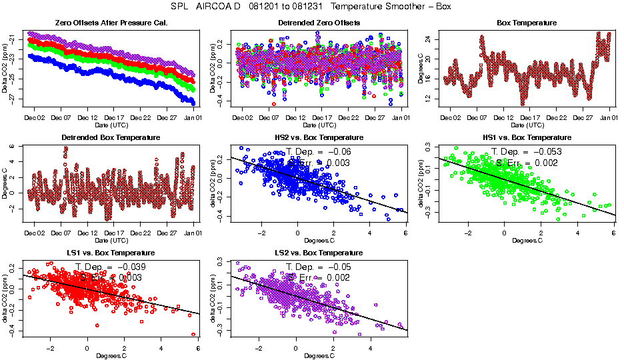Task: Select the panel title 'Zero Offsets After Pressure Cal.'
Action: tap(111, 23)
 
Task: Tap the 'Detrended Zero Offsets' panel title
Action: tap(318, 23)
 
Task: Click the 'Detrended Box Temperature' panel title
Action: tap(111, 138)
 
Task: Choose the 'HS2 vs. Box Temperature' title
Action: tap(318, 138)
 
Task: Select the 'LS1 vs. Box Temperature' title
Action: tap(111, 253)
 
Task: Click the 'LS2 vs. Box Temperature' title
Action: tap(318, 253)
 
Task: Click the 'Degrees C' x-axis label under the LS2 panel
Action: tap(318, 355)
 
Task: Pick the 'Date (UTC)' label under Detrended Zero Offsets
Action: tap(318, 125)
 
